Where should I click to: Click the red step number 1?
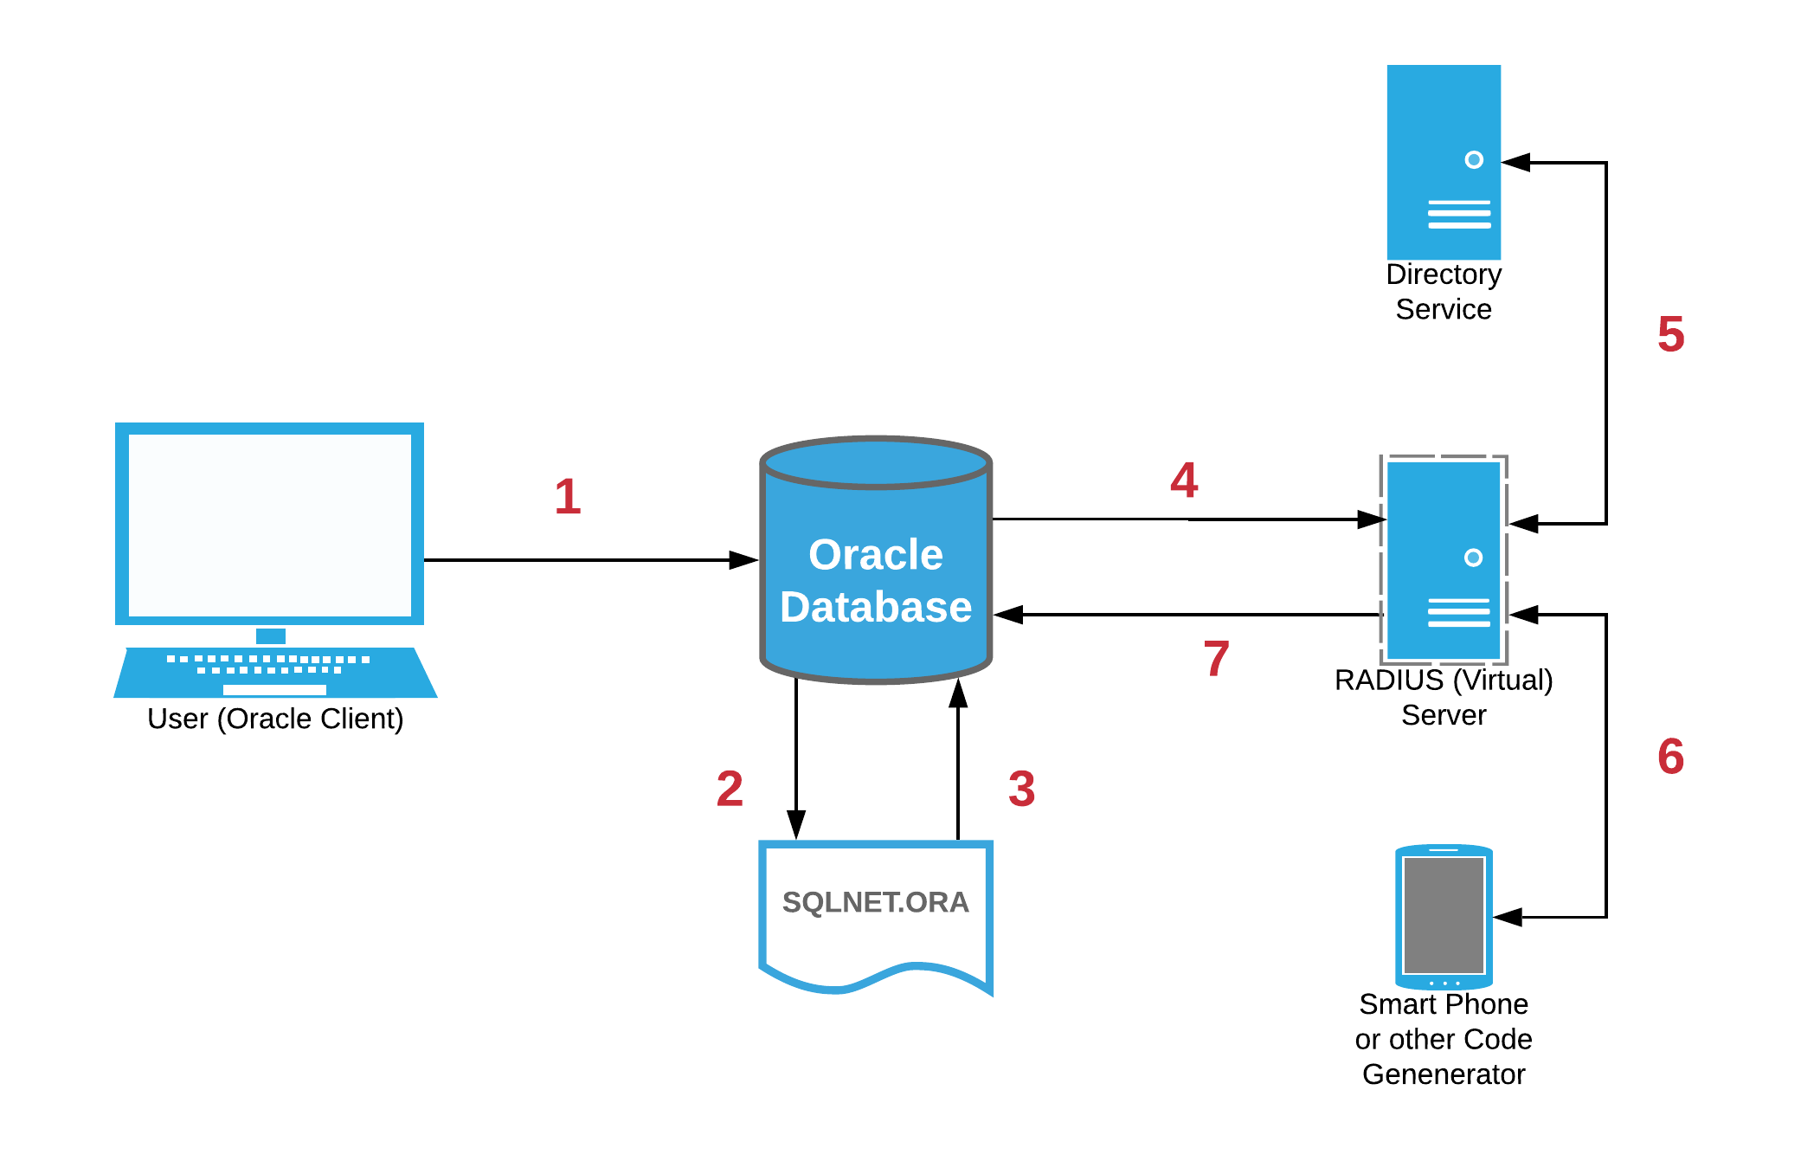[x=568, y=497]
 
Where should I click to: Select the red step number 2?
[x=730, y=789]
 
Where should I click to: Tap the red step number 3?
[x=1021, y=789]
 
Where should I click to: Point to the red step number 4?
[x=1184, y=480]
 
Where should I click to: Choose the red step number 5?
[x=1671, y=334]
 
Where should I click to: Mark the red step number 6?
[x=1671, y=756]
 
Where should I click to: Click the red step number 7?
[x=1216, y=659]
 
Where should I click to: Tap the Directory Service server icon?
[x=1444, y=162]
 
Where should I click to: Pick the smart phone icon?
[x=1444, y=916]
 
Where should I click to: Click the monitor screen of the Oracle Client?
[x=269, y=525]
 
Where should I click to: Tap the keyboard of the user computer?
[x=274, y=672]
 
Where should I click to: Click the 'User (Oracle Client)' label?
[x=275, y=719]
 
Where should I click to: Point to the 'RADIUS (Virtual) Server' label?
[x=1444, y=697]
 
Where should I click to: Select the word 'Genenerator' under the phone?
[x=1444, y=1074]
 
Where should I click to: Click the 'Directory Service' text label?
[x=1444, y=292]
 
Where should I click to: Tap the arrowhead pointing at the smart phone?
[x=1508, y=917]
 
